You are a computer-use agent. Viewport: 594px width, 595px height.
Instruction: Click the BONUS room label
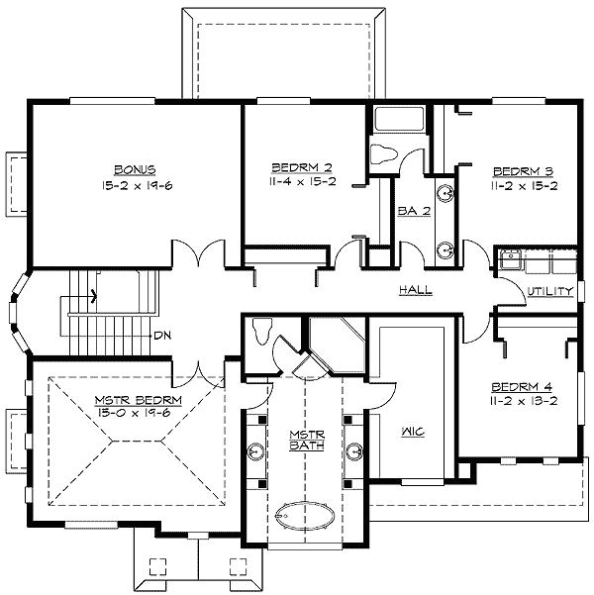[x=134, y=169]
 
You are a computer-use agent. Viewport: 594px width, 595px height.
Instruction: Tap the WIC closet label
[x=413, y=432]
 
